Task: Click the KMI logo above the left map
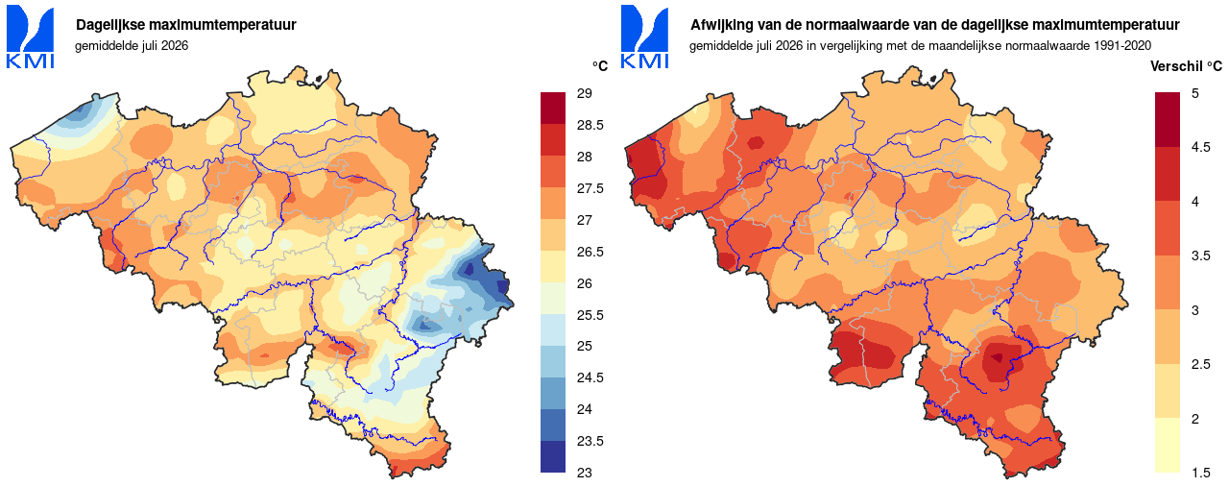coord(30,37)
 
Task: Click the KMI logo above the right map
coord(644,37)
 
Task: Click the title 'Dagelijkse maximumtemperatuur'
coord(186,25)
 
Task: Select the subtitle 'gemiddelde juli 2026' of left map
coord(132,45)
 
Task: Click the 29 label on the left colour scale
coord(585,93)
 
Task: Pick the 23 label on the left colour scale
coord(585,473)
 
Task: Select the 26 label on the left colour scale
coord(585,283)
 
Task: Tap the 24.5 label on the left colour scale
coord(590,377)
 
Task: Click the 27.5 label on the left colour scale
coord(590,188)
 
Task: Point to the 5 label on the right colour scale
coord(1195,93)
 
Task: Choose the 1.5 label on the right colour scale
coord(1200,473)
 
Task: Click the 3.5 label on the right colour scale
coord(1200,256)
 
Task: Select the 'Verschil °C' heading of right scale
coord(1186,66)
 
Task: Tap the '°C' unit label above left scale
coord(600,66)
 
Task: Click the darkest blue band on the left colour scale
coord(553,456)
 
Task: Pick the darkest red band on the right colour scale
coord(1167,119)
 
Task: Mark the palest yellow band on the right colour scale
coord(1167,445)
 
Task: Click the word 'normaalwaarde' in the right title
coord(839,25)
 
